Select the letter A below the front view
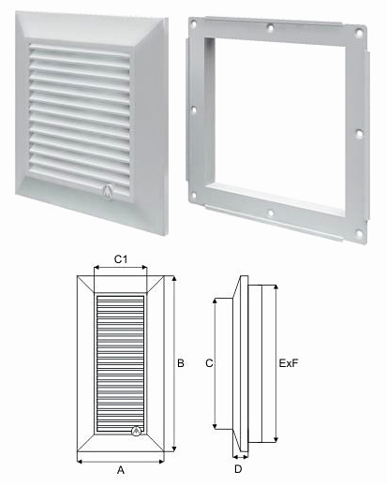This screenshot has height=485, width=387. [120, 471]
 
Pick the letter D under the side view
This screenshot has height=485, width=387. [238, 466]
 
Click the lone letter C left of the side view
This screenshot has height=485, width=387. [209, 360]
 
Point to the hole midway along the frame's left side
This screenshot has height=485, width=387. [193, 109]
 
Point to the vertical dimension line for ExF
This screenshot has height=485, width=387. [280, 363]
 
